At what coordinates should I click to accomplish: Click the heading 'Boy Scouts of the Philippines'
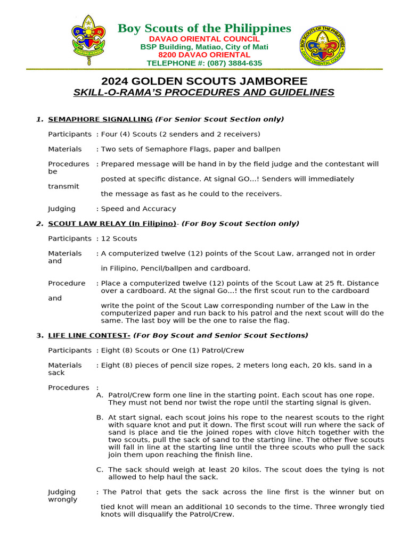(x=204, y=28)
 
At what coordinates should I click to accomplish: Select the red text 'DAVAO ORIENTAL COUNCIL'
(x=204, y=39)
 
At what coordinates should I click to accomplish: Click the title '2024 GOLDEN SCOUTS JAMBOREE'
(x=204, y=81)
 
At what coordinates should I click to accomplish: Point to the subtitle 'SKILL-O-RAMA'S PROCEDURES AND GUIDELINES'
(x=204, y=93)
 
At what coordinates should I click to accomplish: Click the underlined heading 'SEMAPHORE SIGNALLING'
(x=100, y=119)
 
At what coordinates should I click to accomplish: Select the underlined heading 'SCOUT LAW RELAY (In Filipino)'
(x=112, y=224)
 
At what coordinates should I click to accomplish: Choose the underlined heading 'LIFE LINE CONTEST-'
(x=89, y=335)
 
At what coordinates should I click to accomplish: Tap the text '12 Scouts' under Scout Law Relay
(x=119, y=238)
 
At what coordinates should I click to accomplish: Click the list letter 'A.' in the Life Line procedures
(x=100, y=395)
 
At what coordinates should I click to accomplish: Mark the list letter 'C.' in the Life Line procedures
(x=100, y=469)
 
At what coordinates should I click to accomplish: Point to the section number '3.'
(x=40, y=335)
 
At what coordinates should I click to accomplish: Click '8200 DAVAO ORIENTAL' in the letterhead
(x=204, y=55)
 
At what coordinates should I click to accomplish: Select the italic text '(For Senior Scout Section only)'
(x=219, y=119)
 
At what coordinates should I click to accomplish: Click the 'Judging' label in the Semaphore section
(x=62, y=209)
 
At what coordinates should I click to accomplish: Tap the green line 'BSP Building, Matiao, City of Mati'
(x=204, y=47)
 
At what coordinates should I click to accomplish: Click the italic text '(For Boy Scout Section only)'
(x=240, y=224)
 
